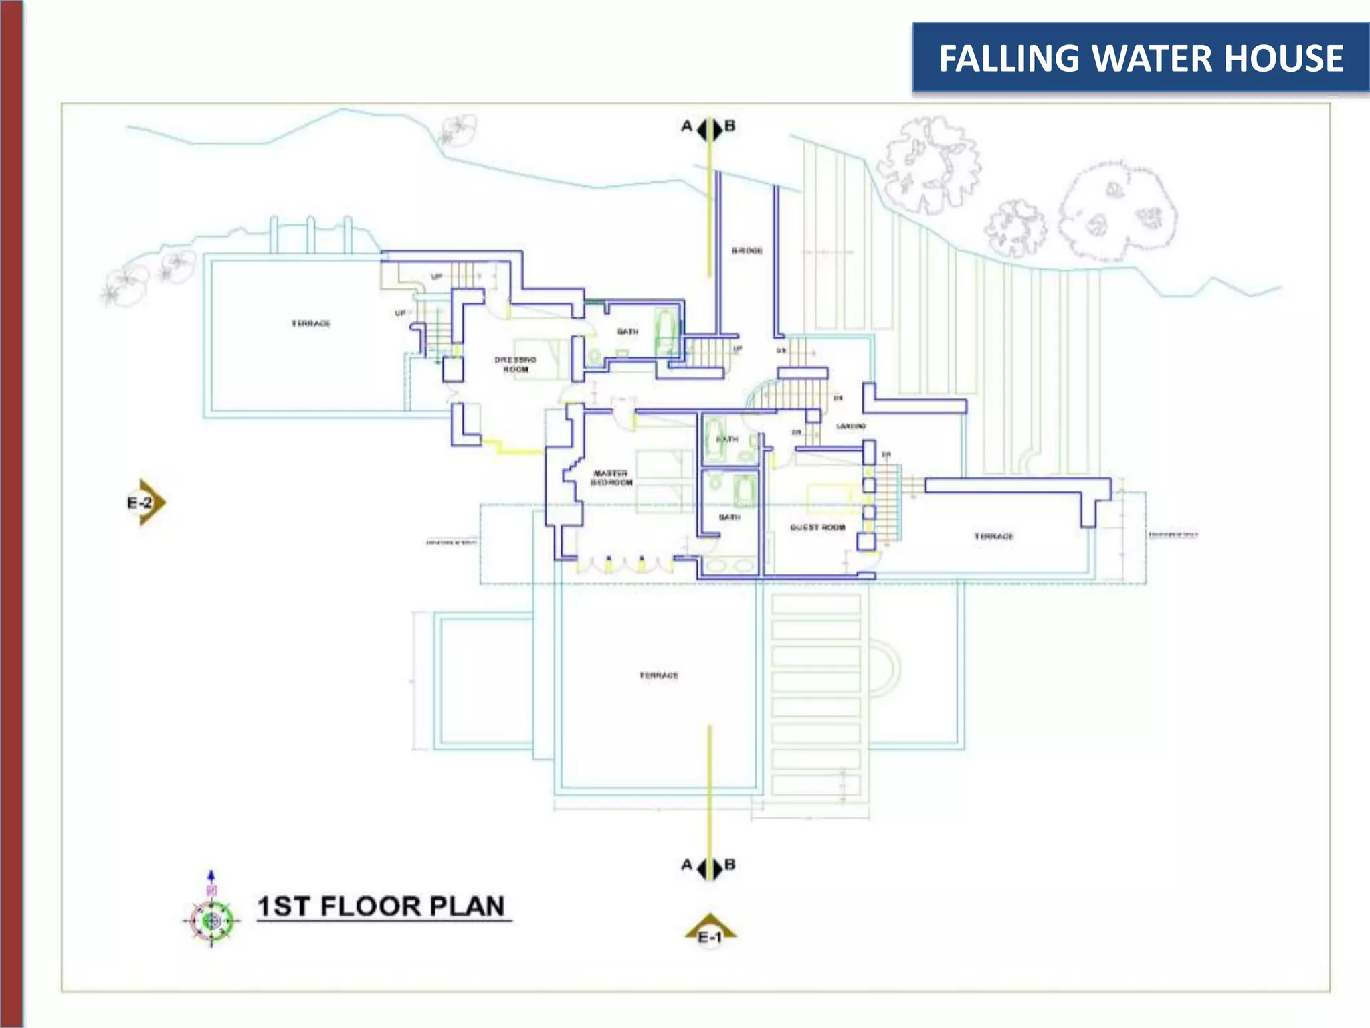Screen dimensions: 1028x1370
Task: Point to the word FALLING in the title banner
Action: (1009, 58)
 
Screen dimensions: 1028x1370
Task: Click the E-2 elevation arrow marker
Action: (145, 502)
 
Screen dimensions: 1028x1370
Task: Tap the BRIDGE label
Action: (747, 250)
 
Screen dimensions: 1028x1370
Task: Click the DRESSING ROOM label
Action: (515, 364)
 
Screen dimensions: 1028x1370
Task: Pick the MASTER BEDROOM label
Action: (611, 478)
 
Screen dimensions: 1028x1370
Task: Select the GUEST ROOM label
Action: (817, 527)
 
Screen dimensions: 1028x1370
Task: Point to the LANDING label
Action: (851, 426)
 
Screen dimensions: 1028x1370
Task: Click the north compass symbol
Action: (211, 921)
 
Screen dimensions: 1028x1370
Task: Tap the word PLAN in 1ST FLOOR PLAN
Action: (466, 906)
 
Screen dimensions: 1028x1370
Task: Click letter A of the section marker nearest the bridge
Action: (686, 126)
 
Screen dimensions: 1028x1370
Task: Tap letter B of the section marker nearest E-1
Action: (730, 865)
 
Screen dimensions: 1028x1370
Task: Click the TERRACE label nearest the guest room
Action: (993, 537)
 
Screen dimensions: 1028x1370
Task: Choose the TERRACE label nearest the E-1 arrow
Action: (659, 675)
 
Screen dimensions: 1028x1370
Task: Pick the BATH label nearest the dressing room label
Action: (627, 332)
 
